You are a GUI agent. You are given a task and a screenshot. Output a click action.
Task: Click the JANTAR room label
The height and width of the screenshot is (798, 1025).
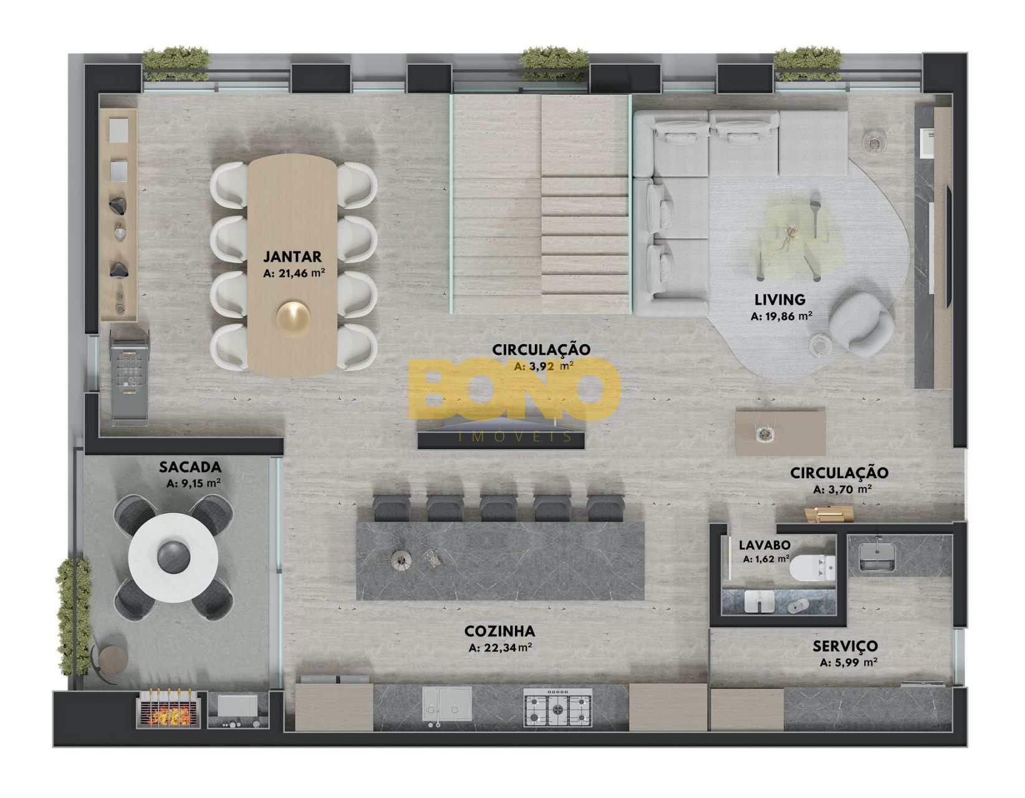click(292, 257)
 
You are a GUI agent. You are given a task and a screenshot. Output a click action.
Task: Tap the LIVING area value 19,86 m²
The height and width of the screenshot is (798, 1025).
click(781, 316)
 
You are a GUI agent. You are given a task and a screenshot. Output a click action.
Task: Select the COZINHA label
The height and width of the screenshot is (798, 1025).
click(499, 631)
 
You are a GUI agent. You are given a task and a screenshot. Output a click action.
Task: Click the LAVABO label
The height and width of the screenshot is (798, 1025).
click(764, 546)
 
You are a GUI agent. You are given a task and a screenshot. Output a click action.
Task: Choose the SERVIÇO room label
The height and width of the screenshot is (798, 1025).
click(845, 646)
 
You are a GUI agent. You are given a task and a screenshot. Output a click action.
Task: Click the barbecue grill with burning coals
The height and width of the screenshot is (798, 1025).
click(168, 710)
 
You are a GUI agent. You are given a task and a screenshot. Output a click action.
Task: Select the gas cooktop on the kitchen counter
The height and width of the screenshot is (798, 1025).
click(557, 708)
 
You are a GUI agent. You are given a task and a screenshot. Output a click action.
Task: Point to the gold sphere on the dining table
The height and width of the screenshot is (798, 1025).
click(294, 319)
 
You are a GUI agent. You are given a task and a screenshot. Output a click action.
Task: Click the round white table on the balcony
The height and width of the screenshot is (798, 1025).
click(173, 557)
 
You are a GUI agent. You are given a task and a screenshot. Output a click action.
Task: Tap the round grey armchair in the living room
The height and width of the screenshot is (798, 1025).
click(861, 324)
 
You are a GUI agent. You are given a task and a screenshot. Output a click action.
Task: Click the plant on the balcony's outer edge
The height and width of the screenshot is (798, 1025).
click(74, 617)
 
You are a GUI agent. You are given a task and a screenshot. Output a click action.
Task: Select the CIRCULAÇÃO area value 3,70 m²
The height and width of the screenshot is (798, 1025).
click(842, 489)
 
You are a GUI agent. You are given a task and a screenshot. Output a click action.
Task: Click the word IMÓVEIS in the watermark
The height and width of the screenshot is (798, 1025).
click(516, 437)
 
